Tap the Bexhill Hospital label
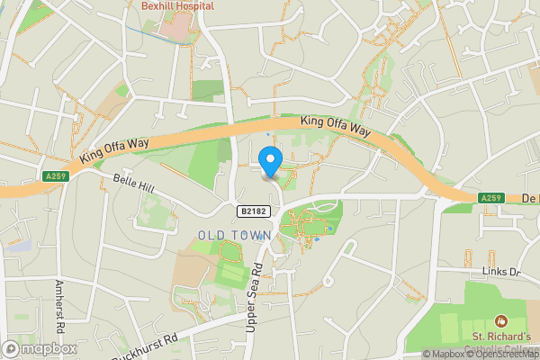coord(177,5)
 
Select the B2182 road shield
coord(255,211)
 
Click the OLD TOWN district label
coord(234,235)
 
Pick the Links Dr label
coord(501,272)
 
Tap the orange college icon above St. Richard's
coord(501,320)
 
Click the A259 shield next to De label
coord(490,198)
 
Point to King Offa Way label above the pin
coord(336,126)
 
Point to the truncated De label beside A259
coord(528,198)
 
